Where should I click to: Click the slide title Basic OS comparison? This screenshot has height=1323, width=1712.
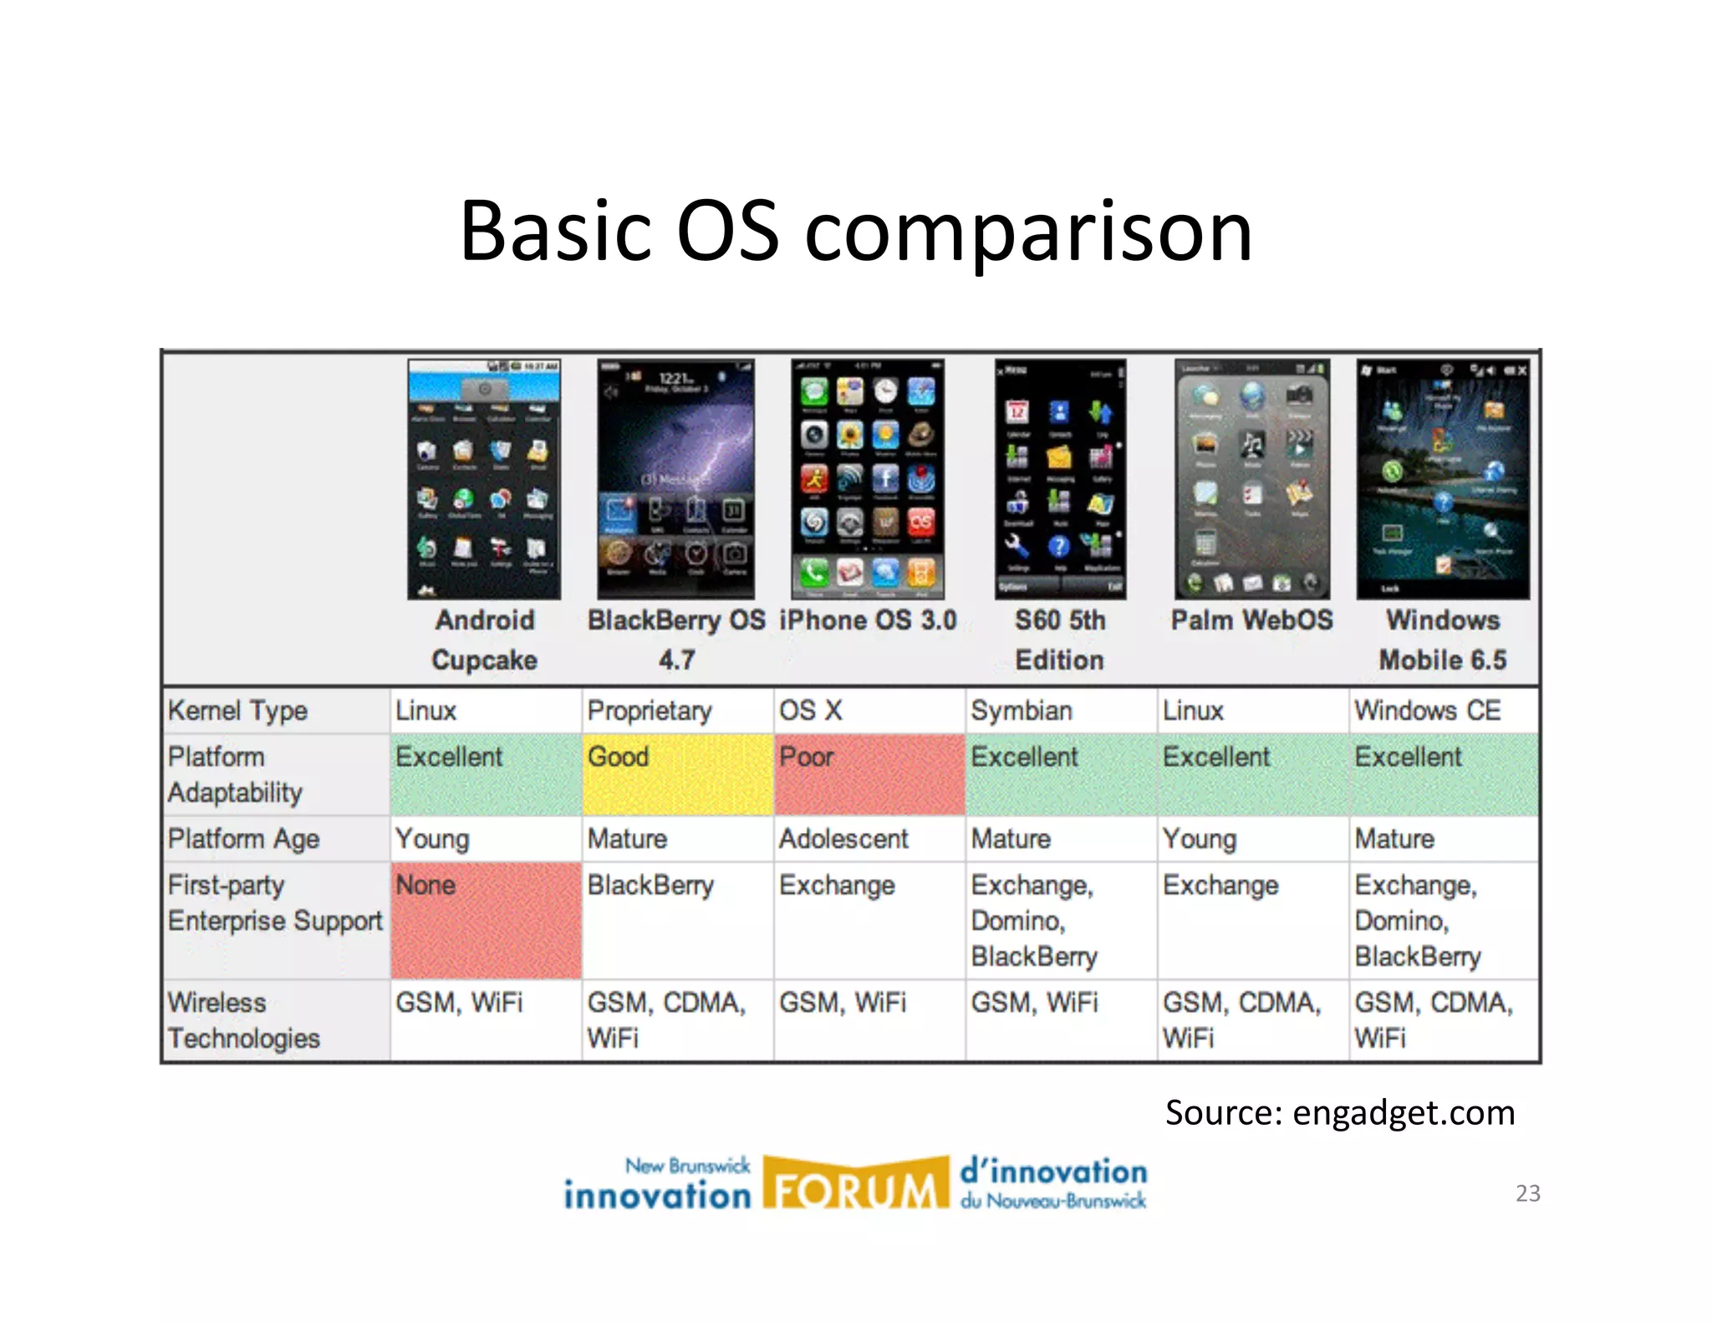[x=855, y=231]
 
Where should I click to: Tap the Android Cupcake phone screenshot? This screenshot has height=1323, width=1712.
[x=484, y=479]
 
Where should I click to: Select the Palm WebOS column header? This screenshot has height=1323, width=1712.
[x=1251, y=621]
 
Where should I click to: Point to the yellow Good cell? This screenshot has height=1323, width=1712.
[x=677, y=774]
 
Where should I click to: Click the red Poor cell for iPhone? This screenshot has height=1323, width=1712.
[x=869, y=774]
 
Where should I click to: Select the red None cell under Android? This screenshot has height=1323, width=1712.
[x=486, y=920]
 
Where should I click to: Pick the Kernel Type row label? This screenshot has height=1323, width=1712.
[x=238, y=711]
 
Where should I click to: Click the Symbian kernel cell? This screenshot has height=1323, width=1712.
[x=1022, y=711]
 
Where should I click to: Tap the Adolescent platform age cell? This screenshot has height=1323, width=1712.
[x=843, y=839]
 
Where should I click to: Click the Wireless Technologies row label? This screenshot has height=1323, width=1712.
[x=243, y=1020]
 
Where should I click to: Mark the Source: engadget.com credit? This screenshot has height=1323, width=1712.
[x=1339, y=1113]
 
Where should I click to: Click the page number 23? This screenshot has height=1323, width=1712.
[x=1527, y=1193]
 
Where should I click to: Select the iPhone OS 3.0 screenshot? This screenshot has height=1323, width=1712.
[x=868, y=479]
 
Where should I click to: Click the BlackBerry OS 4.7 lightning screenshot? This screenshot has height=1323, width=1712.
[x=675, y=479]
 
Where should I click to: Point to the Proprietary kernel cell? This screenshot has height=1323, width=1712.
[x=650, y=711]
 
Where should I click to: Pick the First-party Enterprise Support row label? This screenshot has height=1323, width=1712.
[x=274, y=903]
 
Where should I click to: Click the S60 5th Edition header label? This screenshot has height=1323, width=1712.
[x=1059, y=640]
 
